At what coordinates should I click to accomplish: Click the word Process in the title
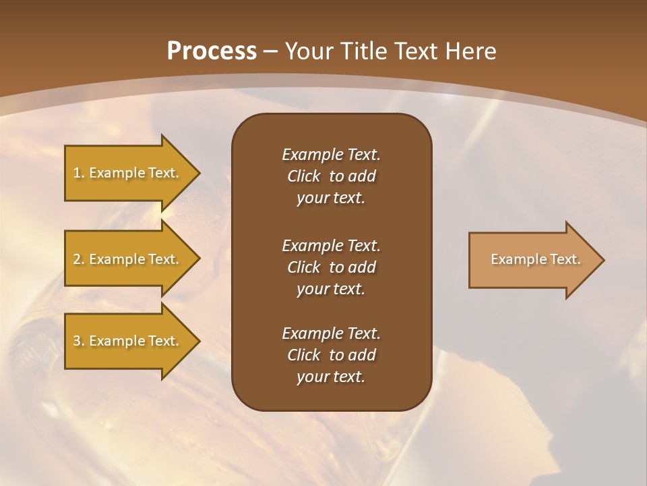coord(212,51)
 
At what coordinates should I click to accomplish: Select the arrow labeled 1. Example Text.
coord(128,173)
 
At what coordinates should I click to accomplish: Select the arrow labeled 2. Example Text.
coord(128,259)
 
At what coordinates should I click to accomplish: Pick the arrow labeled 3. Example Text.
coord(128,341)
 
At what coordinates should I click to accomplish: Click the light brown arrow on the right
coord(532,260)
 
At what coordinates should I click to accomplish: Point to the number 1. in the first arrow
coord(79,173)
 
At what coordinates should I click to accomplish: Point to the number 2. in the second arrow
coord(79,259)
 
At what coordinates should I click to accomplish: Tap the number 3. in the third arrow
coord(79,341)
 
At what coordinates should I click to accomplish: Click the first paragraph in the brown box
coord(331,176)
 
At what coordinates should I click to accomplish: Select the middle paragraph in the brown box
coord(331,267)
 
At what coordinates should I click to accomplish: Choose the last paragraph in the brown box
coord(331,355)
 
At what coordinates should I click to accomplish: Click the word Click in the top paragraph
coord(303,176)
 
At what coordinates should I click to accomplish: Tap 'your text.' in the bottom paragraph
coord(331,377)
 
